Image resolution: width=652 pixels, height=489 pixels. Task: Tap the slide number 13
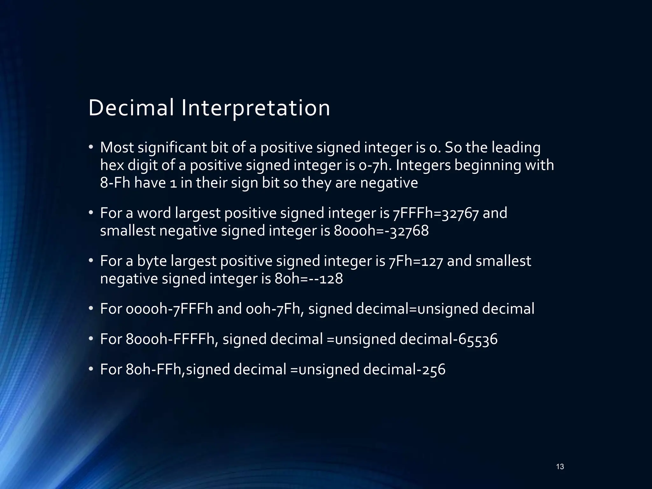coord(560,467)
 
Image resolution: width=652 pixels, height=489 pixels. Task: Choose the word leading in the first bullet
coord(516,148)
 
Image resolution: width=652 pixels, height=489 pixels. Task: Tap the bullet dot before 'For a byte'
coord(91,261)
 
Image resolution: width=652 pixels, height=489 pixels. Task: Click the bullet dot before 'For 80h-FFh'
coord(91,369)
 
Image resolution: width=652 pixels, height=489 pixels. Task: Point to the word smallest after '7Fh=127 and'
coord(503,261)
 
